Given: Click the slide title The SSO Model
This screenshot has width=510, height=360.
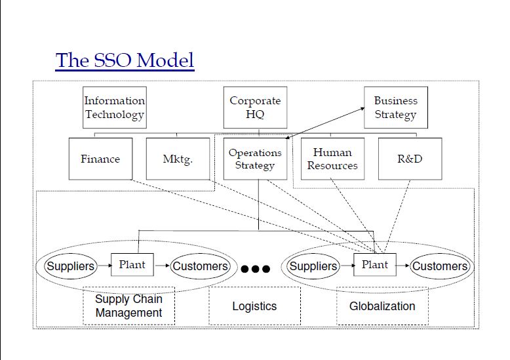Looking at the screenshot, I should pos(125,60).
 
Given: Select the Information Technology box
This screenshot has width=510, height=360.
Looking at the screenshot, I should pos(114,108).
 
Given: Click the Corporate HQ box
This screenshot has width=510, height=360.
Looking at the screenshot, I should pos(255,108).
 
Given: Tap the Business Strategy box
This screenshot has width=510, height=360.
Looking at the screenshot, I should pos(395,108).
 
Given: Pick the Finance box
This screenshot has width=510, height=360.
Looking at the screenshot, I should pos(100,159).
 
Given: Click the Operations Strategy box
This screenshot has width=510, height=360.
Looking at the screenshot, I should pos(255,159).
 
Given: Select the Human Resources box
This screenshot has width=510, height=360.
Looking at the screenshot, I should pos(332,159).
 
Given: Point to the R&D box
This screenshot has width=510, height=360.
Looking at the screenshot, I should pos(410,159).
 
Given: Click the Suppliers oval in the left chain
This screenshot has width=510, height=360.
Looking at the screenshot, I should pos(70,266).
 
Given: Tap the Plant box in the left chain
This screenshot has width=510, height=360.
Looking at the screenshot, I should pos(132,265).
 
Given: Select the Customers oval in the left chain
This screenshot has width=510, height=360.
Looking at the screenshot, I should pos(200,266).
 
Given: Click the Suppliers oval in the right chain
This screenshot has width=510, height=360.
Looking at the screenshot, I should pos(313,266).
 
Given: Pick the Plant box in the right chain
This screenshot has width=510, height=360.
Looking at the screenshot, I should pos(375,265).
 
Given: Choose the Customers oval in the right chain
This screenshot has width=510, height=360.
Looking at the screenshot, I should pos(440,266).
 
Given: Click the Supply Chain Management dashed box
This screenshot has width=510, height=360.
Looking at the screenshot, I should pos(128,306).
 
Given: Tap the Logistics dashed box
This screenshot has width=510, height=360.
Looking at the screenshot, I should pos(254,306).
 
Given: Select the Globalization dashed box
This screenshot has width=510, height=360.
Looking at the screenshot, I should pos(382,306).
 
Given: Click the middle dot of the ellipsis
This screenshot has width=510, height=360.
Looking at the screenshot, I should pos(256,269).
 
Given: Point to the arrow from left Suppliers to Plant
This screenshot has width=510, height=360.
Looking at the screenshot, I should pos(103,266).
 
